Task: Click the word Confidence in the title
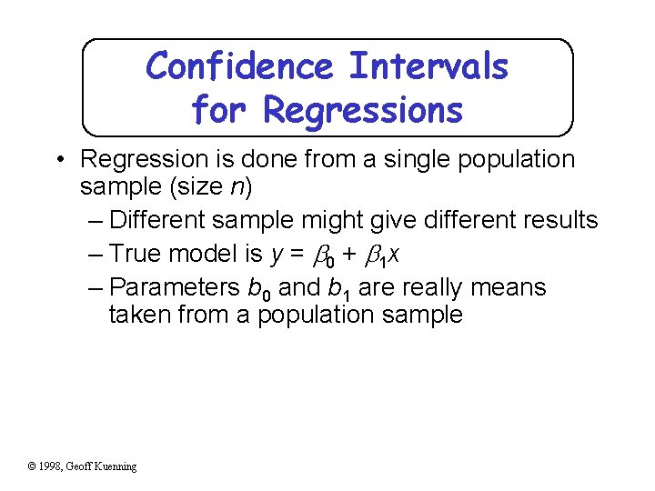239,66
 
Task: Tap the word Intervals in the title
428,66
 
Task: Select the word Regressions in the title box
363,110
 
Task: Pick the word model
203,254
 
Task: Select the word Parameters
175,287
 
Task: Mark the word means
509,287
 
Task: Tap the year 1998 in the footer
53,466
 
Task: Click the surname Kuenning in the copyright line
115,466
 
